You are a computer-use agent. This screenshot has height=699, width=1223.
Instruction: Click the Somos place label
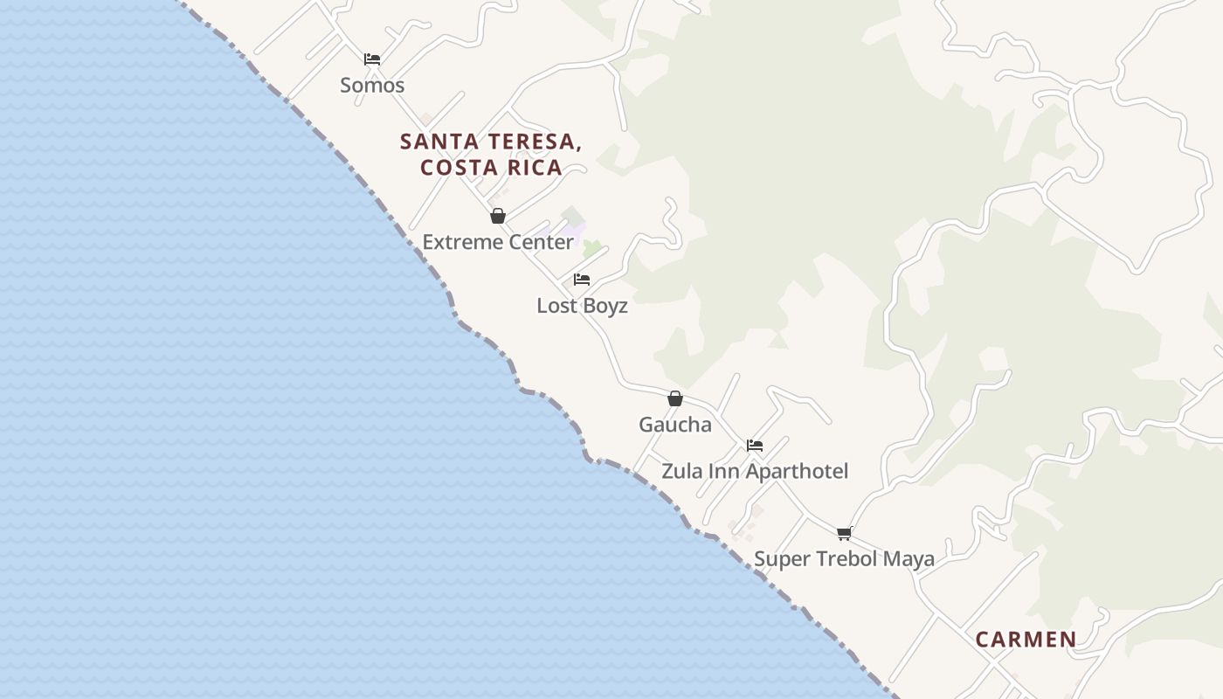tap(372, 85)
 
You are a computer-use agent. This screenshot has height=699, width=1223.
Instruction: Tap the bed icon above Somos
tap(372, 59)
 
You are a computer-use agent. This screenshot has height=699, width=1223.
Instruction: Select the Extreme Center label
tap(498, 242)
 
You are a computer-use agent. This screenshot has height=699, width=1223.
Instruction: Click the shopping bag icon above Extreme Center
tap(498, 216)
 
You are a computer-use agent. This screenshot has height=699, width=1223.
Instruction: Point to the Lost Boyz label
tap(582, 306)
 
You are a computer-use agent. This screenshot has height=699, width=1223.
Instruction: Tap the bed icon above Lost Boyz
tap(582, 280)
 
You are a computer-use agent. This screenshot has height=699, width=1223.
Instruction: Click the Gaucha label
tap(674, 425)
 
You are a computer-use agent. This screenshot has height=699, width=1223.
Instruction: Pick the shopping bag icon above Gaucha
tap(675, 398)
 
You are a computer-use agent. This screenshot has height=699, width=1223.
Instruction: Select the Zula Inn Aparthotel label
tap(755, 471)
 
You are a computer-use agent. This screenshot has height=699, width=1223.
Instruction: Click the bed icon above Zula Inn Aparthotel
tap(755, 446)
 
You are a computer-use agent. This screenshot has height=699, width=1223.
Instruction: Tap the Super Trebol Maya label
tap(844, 558)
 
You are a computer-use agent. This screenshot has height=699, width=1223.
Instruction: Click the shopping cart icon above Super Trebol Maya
tap(844, 533)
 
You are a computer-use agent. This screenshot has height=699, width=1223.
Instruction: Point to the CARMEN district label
tap(1026, 640)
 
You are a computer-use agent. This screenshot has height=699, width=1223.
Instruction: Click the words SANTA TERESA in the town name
tap(491, 142)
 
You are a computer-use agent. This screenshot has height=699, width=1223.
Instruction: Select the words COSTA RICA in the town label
tap(491, 168)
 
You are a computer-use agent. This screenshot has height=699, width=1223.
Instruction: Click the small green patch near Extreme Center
tap(592, 249)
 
